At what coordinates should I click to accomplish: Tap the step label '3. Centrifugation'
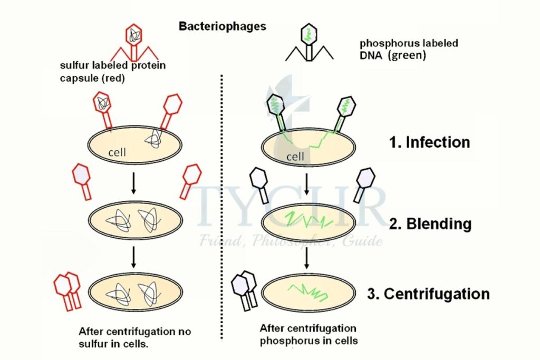point(429,294)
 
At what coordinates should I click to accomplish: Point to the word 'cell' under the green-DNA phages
point(296,157)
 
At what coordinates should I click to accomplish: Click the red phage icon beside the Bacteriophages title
point(134,43)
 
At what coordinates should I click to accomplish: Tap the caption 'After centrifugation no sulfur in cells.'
point(134,337)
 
